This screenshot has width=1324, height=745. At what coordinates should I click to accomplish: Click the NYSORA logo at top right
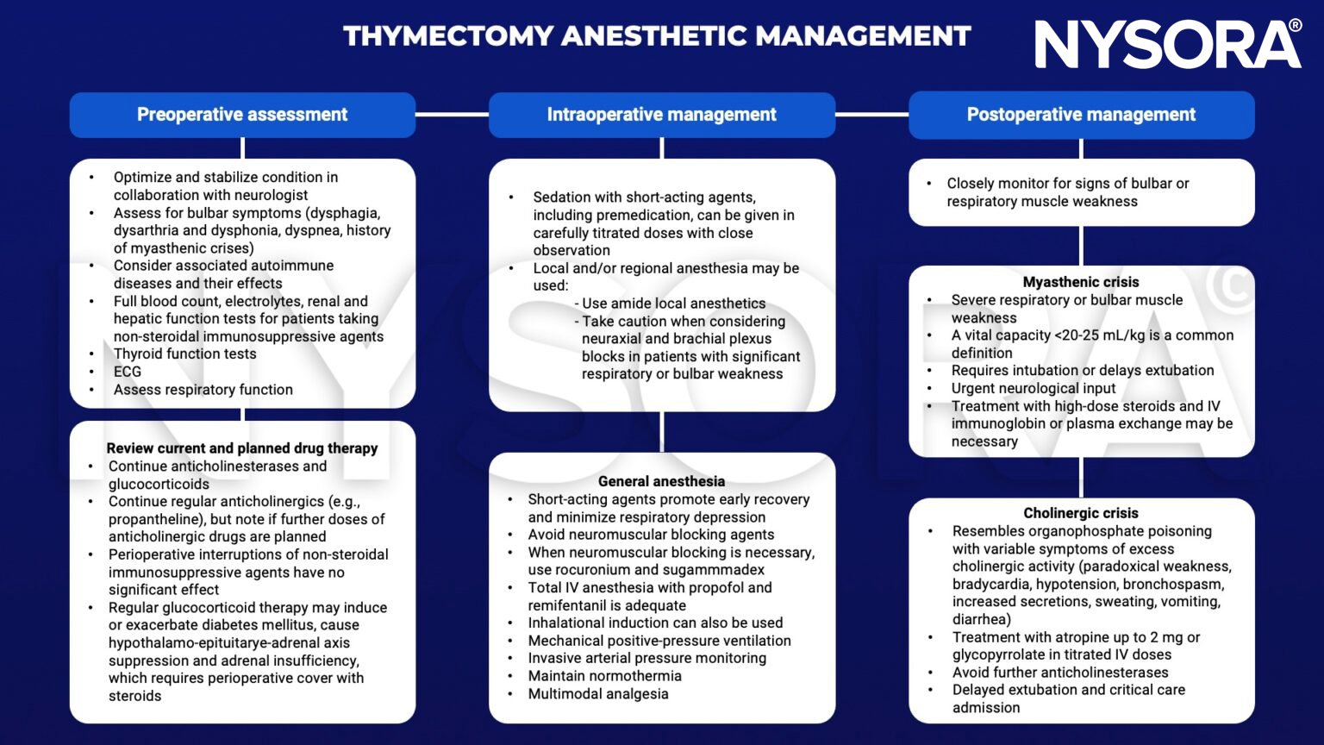[1167, 44]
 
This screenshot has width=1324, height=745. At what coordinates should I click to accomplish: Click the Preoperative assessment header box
[242, 115]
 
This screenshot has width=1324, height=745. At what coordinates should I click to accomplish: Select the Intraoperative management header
[661, 115]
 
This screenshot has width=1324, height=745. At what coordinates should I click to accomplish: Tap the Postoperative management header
[1081, 115]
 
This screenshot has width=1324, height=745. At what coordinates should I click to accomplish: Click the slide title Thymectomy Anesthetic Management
[657, 36]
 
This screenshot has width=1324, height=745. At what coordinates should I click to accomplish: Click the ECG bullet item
[128, 372]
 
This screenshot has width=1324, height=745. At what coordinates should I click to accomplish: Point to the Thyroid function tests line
[184, 354]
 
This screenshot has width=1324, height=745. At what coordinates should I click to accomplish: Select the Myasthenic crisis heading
[1080, 282]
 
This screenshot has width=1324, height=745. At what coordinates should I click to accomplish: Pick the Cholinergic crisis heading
[1080, 513]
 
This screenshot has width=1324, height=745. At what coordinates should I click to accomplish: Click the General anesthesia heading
[661, 481]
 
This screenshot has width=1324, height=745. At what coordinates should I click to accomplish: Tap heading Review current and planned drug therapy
[242, 448]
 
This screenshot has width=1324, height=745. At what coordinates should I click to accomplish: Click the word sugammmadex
[721, 570]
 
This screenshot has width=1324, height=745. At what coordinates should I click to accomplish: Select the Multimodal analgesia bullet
[598, 694]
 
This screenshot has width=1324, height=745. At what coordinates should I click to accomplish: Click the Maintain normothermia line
[604, 676]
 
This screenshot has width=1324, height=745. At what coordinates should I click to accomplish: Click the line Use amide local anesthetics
[673, 304]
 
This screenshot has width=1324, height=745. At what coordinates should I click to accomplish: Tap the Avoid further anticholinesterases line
[1059, 673]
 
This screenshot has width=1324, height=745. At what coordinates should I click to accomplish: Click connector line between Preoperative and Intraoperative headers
[452, 114]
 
